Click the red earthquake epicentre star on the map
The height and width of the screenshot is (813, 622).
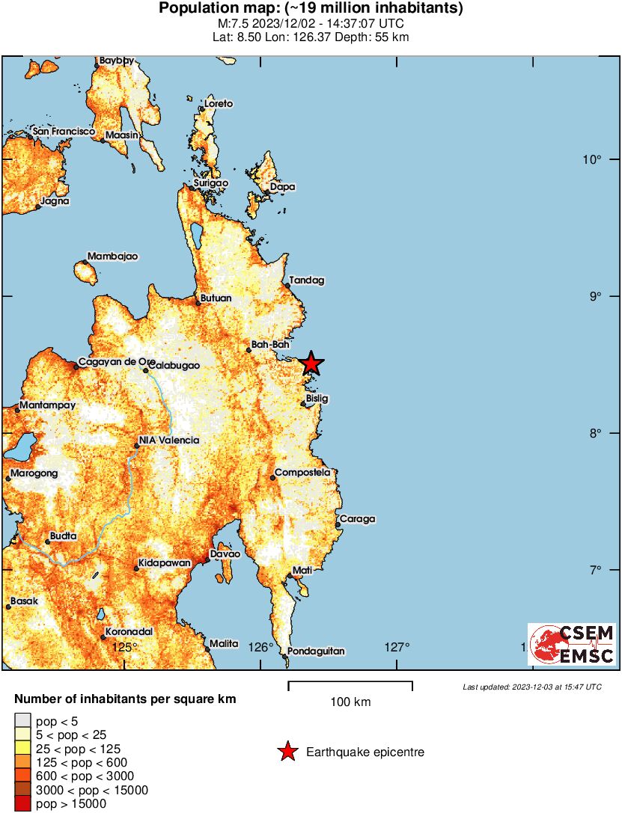(311, 363)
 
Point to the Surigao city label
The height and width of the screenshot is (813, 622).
(211, 182)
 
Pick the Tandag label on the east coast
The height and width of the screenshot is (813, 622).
(307, 280)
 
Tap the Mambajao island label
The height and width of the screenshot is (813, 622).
(113, 257)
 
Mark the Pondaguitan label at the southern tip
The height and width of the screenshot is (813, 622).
(316, 651)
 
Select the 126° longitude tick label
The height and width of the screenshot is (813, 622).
(262, 647)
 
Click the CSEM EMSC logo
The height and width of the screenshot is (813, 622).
(572, 645)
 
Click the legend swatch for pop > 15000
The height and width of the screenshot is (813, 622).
(22, 804)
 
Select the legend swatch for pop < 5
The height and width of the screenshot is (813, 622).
(22, 720)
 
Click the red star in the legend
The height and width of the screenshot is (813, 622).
(287, 752)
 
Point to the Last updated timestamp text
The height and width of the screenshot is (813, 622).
(531, 687)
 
